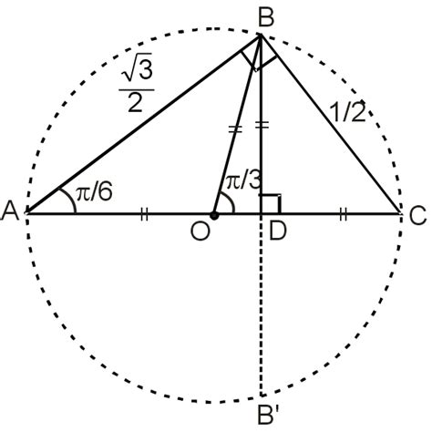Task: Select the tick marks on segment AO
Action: pyautogui.click(x=142, y=214)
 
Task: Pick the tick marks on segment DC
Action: pyautogui.click(x=344, y=214)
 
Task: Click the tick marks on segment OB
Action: pyautogui.click(x=235, y=130)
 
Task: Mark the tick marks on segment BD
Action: pyautogui.click(x=262, y=125)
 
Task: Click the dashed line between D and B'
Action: pyautogui.click(x=262, y=310)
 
